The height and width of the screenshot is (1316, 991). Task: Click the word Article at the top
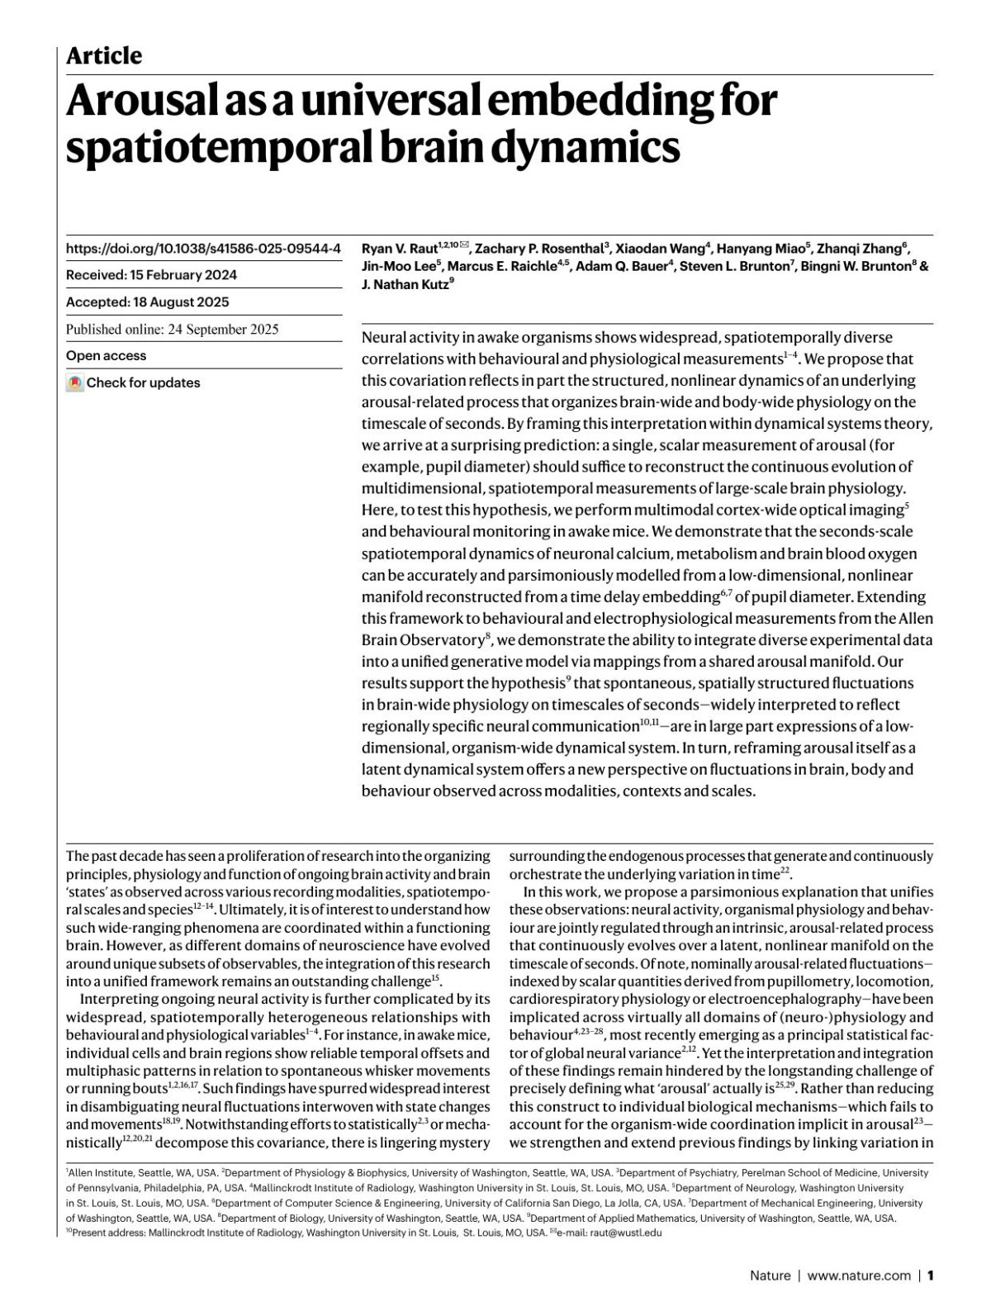click(x=103, y=56)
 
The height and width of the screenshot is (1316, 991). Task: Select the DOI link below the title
click(x=202, y=248)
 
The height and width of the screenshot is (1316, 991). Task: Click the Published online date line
click(x=172, y=329)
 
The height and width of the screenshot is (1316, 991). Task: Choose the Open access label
click(x=106, y=356)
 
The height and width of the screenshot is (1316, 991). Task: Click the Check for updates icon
click(x=75, y=383)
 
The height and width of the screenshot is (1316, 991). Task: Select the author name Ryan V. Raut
click(x=400, y=248)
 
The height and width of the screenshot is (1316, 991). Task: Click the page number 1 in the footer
click(x=930, y=1276)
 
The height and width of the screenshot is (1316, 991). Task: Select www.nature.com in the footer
click(x=858, y=1276)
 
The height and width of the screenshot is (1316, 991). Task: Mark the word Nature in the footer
click(x=770, y=1276)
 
